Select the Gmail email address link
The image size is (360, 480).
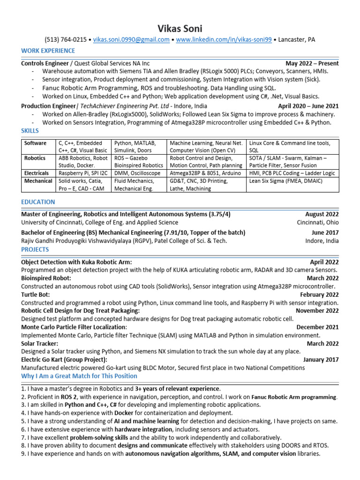pos(131,40)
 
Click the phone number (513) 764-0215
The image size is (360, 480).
pos(65,40)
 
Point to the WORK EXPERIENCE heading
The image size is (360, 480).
pos(48,51)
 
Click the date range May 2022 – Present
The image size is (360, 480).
pos(312,63)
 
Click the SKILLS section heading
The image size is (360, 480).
pos(30,130)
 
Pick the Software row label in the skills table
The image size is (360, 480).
pos(36,143)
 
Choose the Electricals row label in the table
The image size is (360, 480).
pos(37,173)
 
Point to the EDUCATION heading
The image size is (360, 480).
pos(38,202)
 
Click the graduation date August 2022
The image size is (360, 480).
pos(322,214)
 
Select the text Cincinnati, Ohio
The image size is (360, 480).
pos(318,223)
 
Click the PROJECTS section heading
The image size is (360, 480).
pos(35,250)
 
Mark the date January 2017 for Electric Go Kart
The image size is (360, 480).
pos(321,360)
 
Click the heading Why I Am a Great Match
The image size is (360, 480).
pos(79,376)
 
